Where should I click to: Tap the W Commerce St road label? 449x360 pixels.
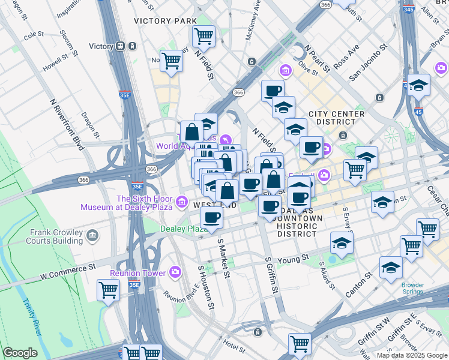(68, 272)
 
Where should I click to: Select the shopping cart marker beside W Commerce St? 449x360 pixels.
(108, 290)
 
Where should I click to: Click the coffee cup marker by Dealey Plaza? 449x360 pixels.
(211, 218)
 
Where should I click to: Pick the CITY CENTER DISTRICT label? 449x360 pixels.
(336, 118)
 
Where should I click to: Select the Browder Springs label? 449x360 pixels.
(412, 289)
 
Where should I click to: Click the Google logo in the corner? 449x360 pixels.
(20, 353)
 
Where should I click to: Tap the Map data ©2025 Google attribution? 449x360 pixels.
(412, 355)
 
